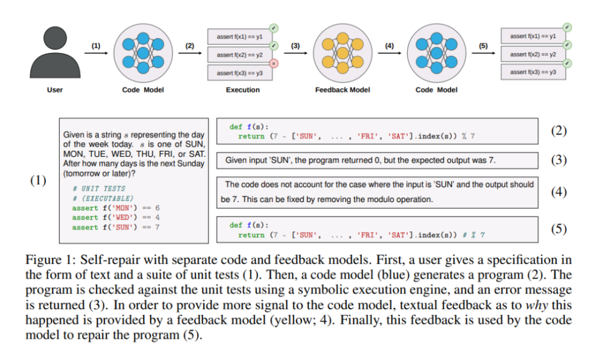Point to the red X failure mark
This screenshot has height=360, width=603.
pos(274,63)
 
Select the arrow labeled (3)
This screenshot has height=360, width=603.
pos(295,52)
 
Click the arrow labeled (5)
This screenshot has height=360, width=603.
pos(483,52)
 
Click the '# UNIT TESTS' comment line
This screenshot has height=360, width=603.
pos(99,189)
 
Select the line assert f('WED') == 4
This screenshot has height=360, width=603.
pos(115,217)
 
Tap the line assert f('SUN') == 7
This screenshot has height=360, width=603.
pos(115,227)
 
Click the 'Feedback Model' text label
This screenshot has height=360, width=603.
pos(343,90)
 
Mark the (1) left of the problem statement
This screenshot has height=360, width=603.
pos(39,180)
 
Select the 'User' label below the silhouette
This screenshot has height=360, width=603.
pos(55,90)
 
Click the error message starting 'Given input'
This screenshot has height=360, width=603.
pos(361,161)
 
